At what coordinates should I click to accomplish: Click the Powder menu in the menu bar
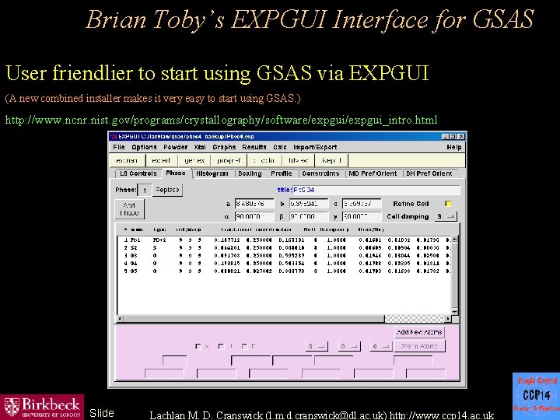pos(176,147)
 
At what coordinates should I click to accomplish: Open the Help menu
pos(453,147)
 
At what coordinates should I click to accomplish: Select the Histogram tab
pos(212,173)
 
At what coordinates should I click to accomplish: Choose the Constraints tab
pos(320,173)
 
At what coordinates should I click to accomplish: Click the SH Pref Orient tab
pos(428,173)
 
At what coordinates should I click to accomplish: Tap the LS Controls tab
pos(138,173)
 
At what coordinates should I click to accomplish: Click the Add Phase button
pos(130,208)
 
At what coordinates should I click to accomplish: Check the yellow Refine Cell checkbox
pos(448,204)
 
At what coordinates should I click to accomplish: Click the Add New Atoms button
pos(420,332)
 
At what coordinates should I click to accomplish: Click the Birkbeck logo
pos(43,406)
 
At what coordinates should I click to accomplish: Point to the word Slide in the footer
pos(101,413)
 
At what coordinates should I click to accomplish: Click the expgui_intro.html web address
pos(221,120)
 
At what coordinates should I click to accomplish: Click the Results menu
pos(254,147)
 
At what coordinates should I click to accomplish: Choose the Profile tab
pos(282,173)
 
